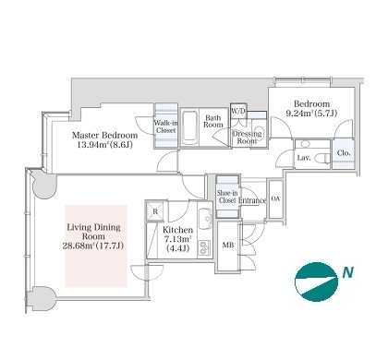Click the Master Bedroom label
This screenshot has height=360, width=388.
tap(104, 135)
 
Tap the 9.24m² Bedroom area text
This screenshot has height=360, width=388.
tap(311, 114)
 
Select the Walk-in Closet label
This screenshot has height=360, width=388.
tap(165, 126)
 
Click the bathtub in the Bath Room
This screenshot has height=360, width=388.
tap(189, 127)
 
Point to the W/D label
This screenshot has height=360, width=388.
tap(238, 111)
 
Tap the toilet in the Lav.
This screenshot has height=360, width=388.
tap(323, 158)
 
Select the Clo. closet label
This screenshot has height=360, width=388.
tap(344, 153)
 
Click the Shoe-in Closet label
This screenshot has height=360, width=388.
tap(227, 197)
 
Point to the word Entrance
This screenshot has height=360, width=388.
tap(252, 200)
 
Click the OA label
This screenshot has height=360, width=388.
tap(275, 198)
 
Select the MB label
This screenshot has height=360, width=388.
tap(228, 245)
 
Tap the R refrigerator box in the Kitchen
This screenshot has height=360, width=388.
tap(155, 211)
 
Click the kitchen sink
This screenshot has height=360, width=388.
tap(205, 219)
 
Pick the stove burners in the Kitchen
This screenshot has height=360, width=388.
tap(203, 247)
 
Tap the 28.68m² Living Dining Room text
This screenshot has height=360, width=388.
tap(93, 246)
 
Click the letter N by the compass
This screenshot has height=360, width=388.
tap(347, 272)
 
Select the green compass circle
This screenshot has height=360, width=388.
tap(316, 282)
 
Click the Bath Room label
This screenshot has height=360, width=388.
tap(213, 121)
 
